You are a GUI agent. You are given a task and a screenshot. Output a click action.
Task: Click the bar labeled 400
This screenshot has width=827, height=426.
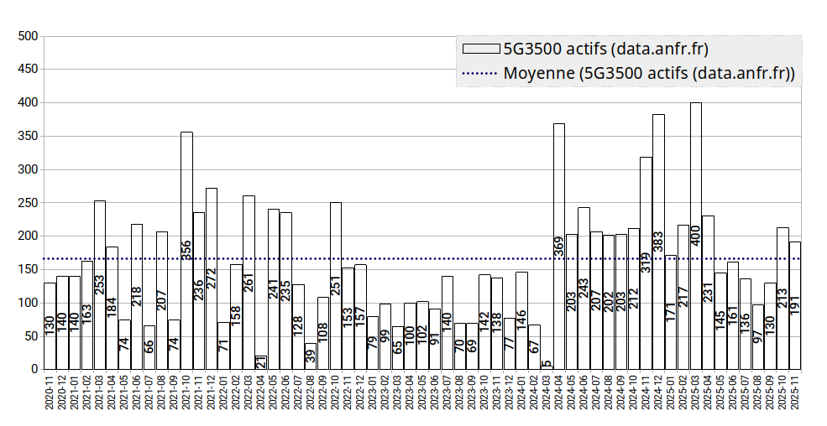pyautogui.click(x=695, y=235)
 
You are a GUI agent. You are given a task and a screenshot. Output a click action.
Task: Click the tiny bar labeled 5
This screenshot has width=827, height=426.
pyautogui.click(x=547, y=366)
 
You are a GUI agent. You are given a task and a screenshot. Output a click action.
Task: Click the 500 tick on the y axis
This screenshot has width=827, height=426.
pyautogui.click(x=29, y=36)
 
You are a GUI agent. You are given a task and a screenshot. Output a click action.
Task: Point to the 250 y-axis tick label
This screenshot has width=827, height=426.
pyautogui.click(x=29, y=203)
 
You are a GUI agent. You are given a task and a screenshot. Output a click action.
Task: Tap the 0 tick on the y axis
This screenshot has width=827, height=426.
pyautogui.click(x=34, y=369)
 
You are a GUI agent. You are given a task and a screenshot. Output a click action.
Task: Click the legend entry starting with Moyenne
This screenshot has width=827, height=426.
pyautogui.click(x=648, y=73)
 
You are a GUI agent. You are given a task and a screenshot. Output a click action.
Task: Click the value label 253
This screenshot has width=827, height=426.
pyautogui.click(x=100, y=286)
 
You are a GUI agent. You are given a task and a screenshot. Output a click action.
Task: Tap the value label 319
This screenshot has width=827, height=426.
pyautogui.click(x=646, y=262)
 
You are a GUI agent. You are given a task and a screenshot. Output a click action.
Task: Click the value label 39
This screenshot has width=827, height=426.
pyautogui.click(x=311, y=356)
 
